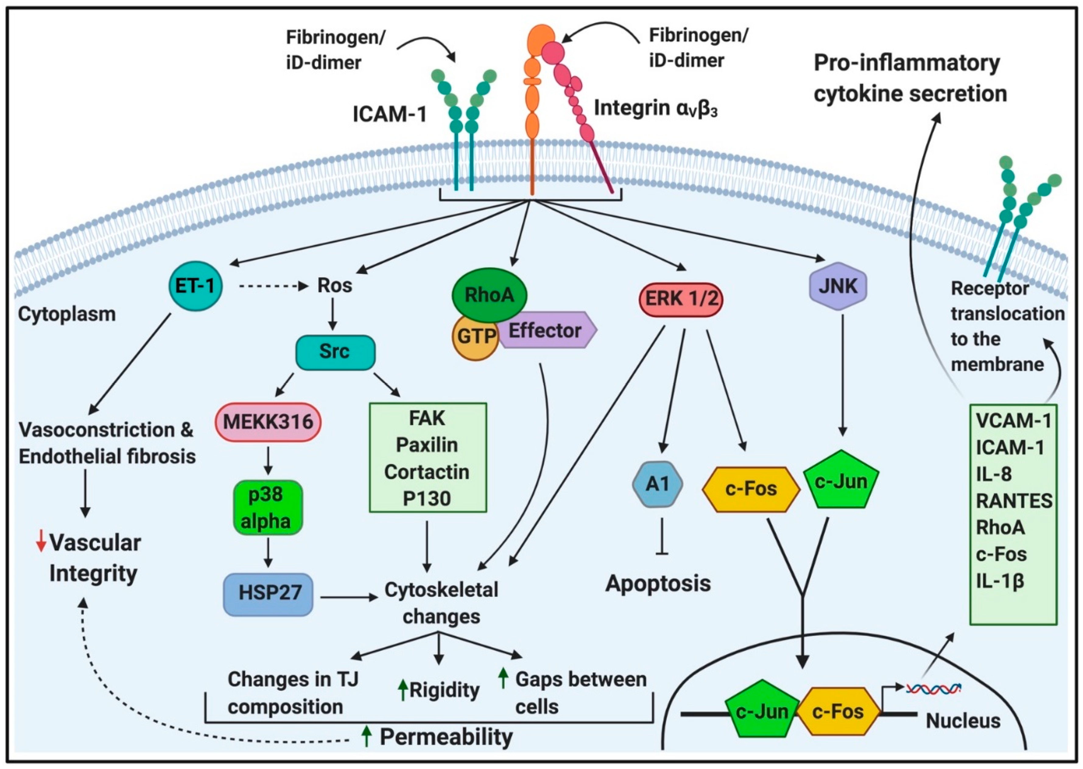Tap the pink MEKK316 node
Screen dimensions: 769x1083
[268, 421]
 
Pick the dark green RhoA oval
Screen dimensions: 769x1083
[489, 295]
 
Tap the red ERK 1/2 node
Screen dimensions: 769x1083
[680, 299]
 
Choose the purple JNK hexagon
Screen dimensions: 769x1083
[838, 286]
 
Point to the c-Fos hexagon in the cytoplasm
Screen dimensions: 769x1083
[751, 489]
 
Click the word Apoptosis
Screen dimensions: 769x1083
[658, 583]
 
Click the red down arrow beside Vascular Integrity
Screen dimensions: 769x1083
[41, 541]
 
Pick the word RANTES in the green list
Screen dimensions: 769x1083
[1014, 501]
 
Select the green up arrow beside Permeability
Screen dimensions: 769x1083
[366, 737]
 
